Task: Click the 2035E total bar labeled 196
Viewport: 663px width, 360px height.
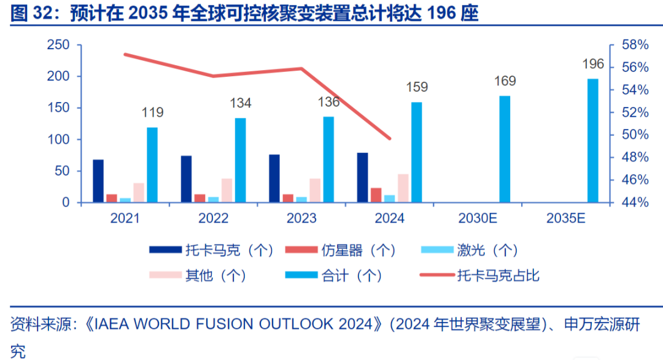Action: [x=592, y=141]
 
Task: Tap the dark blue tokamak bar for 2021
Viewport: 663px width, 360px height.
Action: [x=98, y=181]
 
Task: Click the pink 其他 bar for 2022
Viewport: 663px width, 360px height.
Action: [x=227, y=190]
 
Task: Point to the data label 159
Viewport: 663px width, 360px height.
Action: [x=417, y=87]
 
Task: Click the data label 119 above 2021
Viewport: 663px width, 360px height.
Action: [x=152, y=112]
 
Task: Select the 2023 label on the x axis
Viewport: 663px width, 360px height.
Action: [x=301, y=218]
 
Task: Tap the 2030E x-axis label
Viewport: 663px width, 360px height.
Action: [x=478, y=218]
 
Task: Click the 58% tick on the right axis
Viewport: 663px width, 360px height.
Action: [x=634, y=45]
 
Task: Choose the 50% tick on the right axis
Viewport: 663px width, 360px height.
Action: [x=634, y=135]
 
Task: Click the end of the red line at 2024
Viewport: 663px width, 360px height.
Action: [x=390, y=138]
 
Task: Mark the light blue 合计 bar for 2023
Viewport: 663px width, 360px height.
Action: [x=328, y=160]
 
